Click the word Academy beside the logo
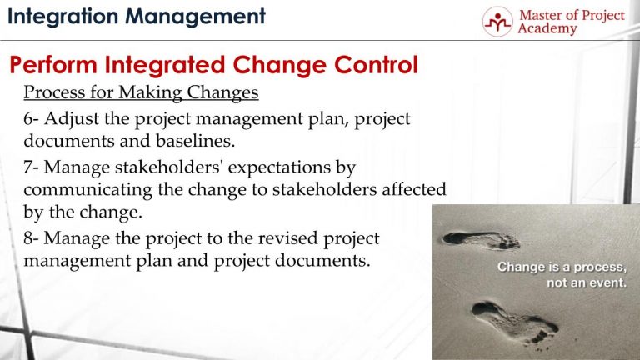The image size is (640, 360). pos(548,30)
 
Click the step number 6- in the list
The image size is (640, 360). pos(32,119)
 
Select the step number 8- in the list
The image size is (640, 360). pos(32,238)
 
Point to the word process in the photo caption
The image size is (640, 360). pos(597,267)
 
